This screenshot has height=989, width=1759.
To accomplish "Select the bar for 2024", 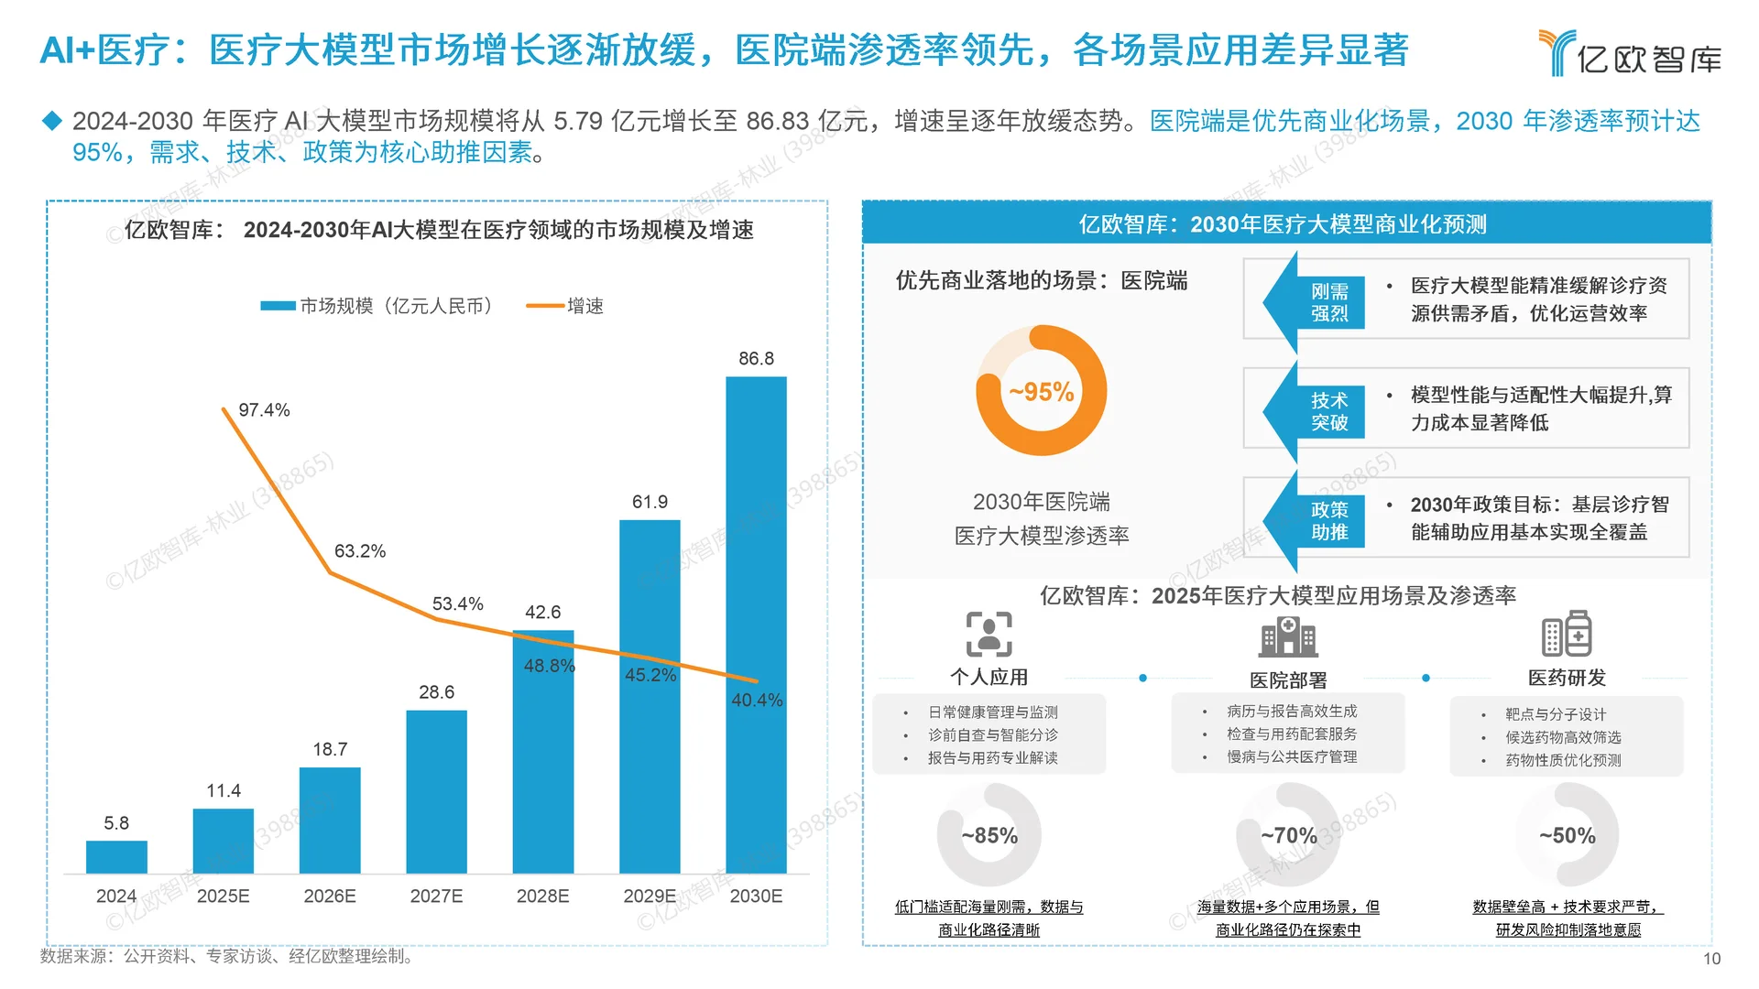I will pyautogui.click(x=116, y=857).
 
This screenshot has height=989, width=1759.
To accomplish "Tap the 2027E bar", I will pyautogui.click(x=436, y=791).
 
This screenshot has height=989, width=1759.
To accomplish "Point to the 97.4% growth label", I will pyautogui.click(x=264, y=410).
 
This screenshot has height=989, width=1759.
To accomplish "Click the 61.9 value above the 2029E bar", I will pyautogui.click(x=650, y=502).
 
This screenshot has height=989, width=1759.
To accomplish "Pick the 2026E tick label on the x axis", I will pyautogui.click(x=330, y=896).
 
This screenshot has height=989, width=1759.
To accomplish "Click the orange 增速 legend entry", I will pyautogui.click(x=565, y=306).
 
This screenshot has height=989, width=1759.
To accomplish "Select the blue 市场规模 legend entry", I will pyautogui.click(x=377, y=306).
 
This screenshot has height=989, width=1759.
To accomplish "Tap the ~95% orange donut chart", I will pyautogui.click(x=1042, y=391).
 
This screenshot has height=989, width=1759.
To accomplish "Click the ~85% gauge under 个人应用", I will pyautogui.click(x=989, y=835).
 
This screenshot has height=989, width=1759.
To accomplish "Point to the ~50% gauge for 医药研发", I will pyautogui.click(x=1567, y=835).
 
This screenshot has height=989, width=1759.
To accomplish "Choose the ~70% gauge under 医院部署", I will pyautogui.click(x=1288, y=835).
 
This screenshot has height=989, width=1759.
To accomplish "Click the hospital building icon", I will pyautogui.click(x=1288, y=636).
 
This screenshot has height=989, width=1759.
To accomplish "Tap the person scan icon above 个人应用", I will pyautogui.click(x=989, y=635).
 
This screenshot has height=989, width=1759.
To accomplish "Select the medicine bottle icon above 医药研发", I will pyautogui.click(x=1567, y=634).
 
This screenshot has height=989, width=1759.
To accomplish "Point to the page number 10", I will pyautogui.click(x=1712, y=959).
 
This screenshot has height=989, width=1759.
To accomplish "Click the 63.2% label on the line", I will pyautogui.click(x=359, y=551).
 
